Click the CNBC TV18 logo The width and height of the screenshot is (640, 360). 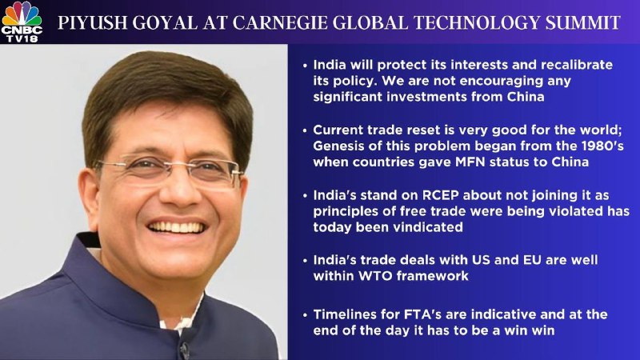22,22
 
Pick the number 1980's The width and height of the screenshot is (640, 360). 604,146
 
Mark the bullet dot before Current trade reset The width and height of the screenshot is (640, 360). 305,130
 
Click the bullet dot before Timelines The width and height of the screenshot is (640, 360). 305,315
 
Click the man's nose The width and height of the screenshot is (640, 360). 178,191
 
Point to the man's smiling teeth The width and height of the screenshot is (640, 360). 176,227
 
